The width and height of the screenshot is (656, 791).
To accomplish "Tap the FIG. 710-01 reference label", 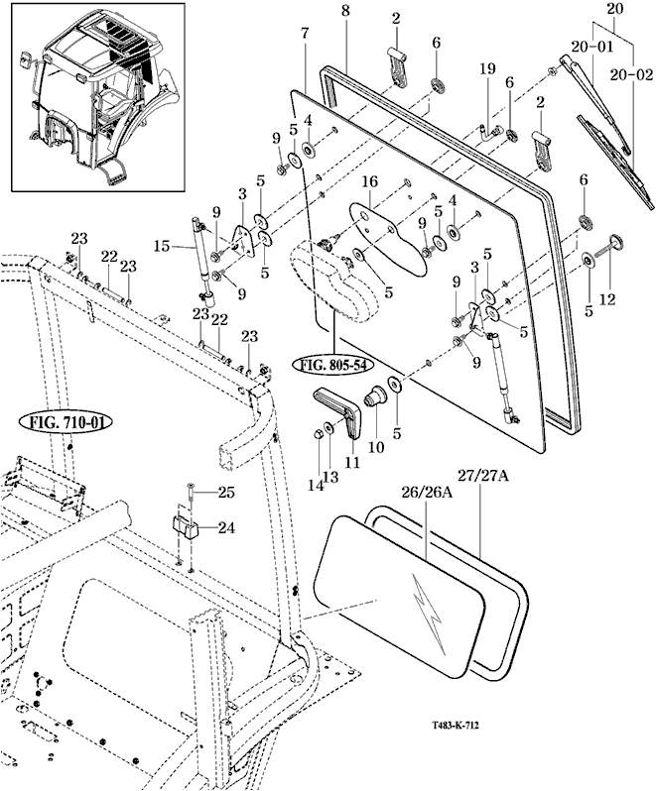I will (x=66, y=422).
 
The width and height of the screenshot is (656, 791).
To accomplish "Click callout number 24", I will (x=226, y=528).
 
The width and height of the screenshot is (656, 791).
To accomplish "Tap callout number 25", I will (x=226, y=493).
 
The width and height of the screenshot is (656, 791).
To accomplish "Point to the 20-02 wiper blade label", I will (x=633, y=75).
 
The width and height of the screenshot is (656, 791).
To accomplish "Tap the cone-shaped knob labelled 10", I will (x=376, y=399).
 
